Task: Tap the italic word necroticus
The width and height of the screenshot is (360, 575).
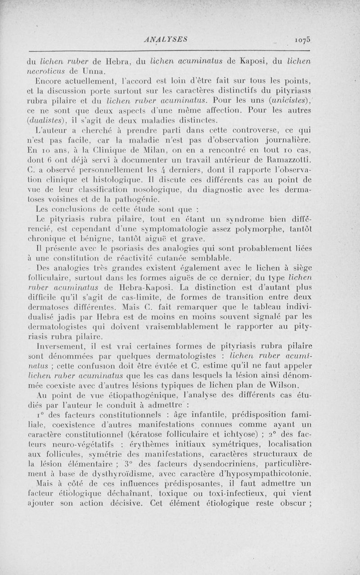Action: (x=49, y=71)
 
